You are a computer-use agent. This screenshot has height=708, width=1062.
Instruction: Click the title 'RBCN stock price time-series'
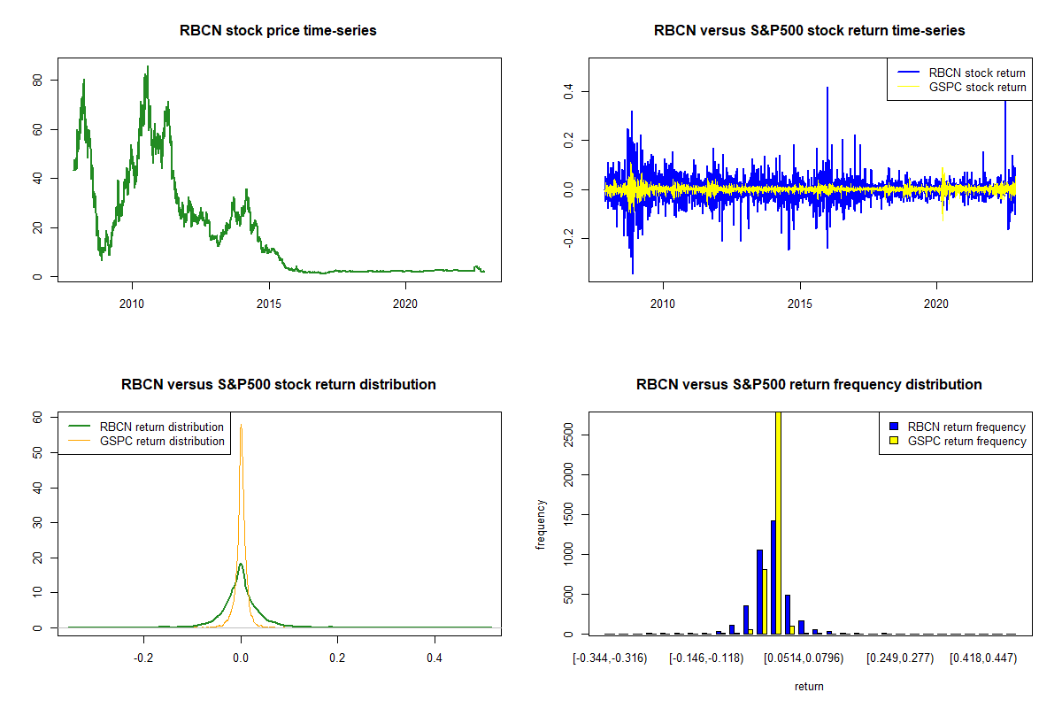279,31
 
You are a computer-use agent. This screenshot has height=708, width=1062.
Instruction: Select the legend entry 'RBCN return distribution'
162,427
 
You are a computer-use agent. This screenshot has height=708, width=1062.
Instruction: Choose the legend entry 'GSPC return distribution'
162,441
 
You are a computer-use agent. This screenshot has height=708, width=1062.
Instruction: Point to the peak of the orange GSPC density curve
241,425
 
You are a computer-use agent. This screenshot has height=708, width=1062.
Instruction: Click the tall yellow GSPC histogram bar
778,522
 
